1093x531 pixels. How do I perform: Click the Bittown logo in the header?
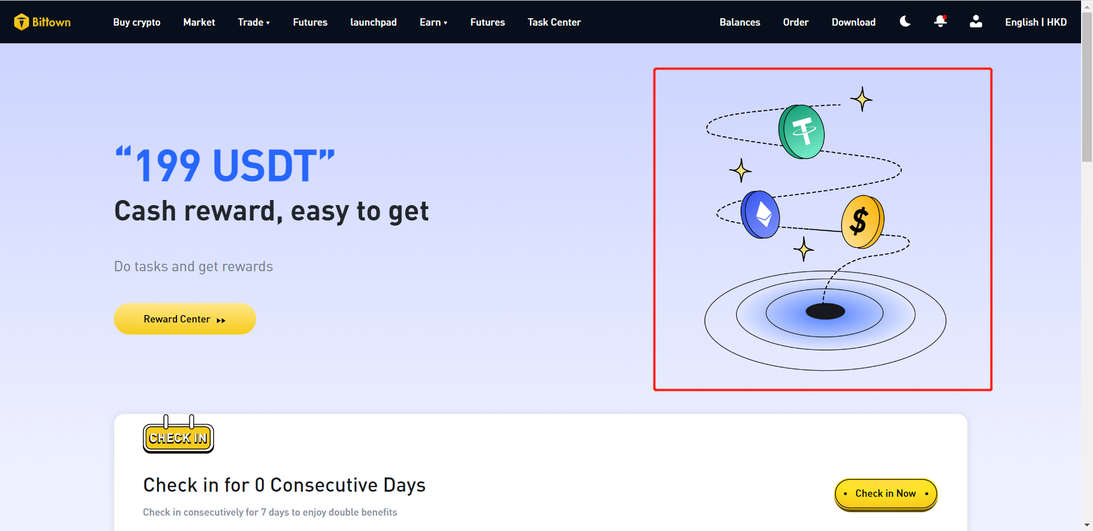(x=43, y=22)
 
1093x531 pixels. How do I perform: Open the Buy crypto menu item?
(x=137, y=22)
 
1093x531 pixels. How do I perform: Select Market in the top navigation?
(x=199, y=22)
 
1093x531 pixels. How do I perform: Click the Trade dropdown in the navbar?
(x=254, y=22)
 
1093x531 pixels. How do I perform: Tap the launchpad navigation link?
(x=373, y=22)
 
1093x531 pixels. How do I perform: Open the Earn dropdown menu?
(x=434, y=22)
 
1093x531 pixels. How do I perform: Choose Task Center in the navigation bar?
(x=554, y=22)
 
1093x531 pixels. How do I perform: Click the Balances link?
(x=739, y=22)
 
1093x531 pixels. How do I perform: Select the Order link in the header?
(x=796, y=22)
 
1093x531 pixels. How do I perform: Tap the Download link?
(x=853, y=22)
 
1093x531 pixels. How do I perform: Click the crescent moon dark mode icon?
(x=905, y=22)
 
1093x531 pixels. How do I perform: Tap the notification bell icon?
(x=940, y=22)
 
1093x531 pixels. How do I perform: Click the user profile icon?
(x=976, y=22)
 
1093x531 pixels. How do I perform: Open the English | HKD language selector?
(x=1036, y=22)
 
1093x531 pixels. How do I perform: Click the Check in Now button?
(x=886, y=494)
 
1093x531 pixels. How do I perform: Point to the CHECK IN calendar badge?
(x=178, y=436)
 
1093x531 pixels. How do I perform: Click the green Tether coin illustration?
(x=802, y=132)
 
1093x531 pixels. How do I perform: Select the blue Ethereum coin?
(x=760, y=214)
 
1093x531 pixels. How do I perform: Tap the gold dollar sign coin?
(x=862, y=222)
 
